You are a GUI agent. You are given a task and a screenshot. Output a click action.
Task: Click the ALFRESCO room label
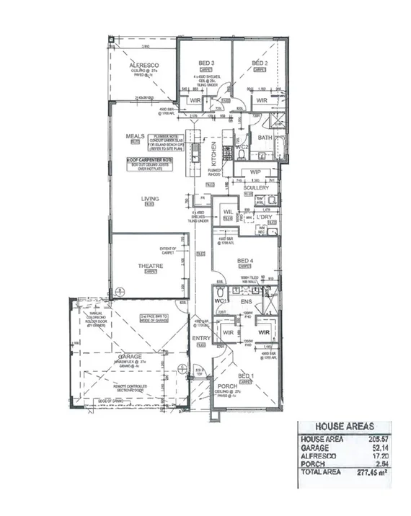[x=143, y=66]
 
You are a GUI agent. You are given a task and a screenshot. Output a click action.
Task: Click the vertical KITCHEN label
[x=213, y=154]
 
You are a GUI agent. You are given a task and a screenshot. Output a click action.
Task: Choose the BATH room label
[x=265, y=137]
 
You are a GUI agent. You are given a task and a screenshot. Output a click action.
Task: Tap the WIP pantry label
[x=255, y=172]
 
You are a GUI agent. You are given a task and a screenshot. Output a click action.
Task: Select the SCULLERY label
[x=255, y=187]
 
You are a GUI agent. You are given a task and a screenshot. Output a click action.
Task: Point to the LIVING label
[x=150, y=199]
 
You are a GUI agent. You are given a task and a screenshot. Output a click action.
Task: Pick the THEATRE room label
[x=151, y=266]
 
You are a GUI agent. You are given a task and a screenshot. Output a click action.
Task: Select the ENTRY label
[x=200, y=338]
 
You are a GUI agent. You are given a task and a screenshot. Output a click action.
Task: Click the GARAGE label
[x=130, y=357]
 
